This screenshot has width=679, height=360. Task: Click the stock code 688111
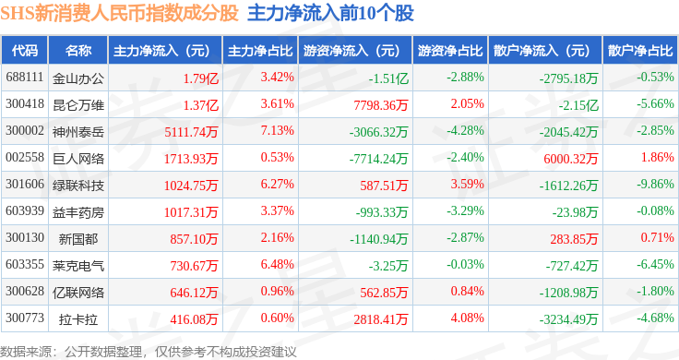point(25,78)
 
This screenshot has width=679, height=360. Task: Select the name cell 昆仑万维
point(78,105)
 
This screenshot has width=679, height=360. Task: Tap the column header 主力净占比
point(260,51)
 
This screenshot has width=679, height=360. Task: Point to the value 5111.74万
point(191,132)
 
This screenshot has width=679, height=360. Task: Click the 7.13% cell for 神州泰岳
point(277,130)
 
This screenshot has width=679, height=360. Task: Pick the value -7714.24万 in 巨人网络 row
point(378,159)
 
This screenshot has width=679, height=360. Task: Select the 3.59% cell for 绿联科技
point(467,184)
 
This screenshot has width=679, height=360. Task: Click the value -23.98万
point(575,212)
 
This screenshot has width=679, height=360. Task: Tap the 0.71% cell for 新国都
point(658,237)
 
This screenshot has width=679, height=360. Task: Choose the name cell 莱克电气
point(78,266)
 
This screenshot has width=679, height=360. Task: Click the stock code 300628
point(25,291)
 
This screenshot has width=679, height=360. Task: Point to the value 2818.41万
point(381,319)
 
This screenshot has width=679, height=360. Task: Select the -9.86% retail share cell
point(655,184)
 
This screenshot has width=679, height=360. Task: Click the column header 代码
point(25,51)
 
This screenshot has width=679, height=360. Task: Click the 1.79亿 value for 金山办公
point(200,78)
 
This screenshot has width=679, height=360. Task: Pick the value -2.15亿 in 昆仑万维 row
point(578,105)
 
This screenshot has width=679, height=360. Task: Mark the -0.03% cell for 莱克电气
point(465,264)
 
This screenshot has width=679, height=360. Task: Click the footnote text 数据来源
point(26,352)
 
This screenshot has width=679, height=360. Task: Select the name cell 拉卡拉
point(78,319)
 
